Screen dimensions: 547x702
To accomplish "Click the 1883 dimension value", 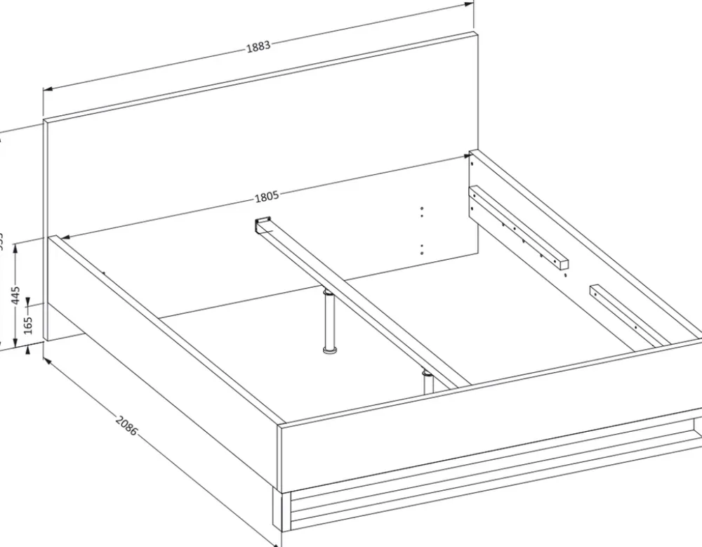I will pyautogui.click(x=258, y=47).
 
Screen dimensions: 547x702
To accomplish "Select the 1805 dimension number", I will pyautogui.click(x=267, y=197).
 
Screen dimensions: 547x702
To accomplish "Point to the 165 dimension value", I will pyautogui.click(x=28, y=324).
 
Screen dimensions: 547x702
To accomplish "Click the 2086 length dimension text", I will pyautogui.click(x=126, y=426).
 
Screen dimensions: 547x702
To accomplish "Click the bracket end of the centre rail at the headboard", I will pyautogui.click(x=263, y=223).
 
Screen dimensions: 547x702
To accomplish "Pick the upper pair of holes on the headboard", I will pyautogui.click(x=421, y=212).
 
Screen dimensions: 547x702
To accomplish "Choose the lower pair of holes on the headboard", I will pyautogui.click(x=421, y=249).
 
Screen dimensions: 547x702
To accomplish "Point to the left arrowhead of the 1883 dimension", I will pyautogui.click(x=47, y=89).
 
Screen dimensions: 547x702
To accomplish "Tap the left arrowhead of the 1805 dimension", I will pyautogui.click(x=65, y=237).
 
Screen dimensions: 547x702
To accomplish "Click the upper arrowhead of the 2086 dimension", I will pyautogui.click(x=46, y=360).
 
